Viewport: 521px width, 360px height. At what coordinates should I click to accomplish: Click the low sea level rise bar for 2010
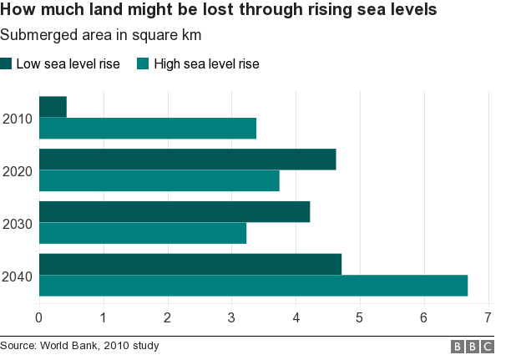53,107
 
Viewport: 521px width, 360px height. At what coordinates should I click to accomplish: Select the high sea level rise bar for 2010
148,129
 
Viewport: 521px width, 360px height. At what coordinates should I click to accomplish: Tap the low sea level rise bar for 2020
187,159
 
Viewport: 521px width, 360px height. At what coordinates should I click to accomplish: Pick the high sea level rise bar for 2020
159,180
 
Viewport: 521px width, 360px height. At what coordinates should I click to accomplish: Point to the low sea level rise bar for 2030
175,211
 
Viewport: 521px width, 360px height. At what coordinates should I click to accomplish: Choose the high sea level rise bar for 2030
143,233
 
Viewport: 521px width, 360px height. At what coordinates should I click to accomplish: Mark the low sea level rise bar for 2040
190,264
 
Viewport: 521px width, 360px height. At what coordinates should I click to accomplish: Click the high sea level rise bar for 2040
253,286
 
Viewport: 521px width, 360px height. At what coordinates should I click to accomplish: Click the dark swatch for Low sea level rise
7,64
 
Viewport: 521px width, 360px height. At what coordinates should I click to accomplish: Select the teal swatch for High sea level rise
143,64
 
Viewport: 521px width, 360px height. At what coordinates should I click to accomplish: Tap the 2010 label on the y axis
17,119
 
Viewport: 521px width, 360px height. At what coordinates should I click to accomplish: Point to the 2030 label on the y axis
17,223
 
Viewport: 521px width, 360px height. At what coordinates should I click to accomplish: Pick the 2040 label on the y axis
17,276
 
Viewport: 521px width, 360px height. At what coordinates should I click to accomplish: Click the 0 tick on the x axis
38,317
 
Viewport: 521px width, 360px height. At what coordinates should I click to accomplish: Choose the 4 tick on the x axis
296,317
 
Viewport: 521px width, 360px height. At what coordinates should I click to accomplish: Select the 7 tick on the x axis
488,317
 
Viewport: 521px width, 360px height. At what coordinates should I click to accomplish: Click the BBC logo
473,346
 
